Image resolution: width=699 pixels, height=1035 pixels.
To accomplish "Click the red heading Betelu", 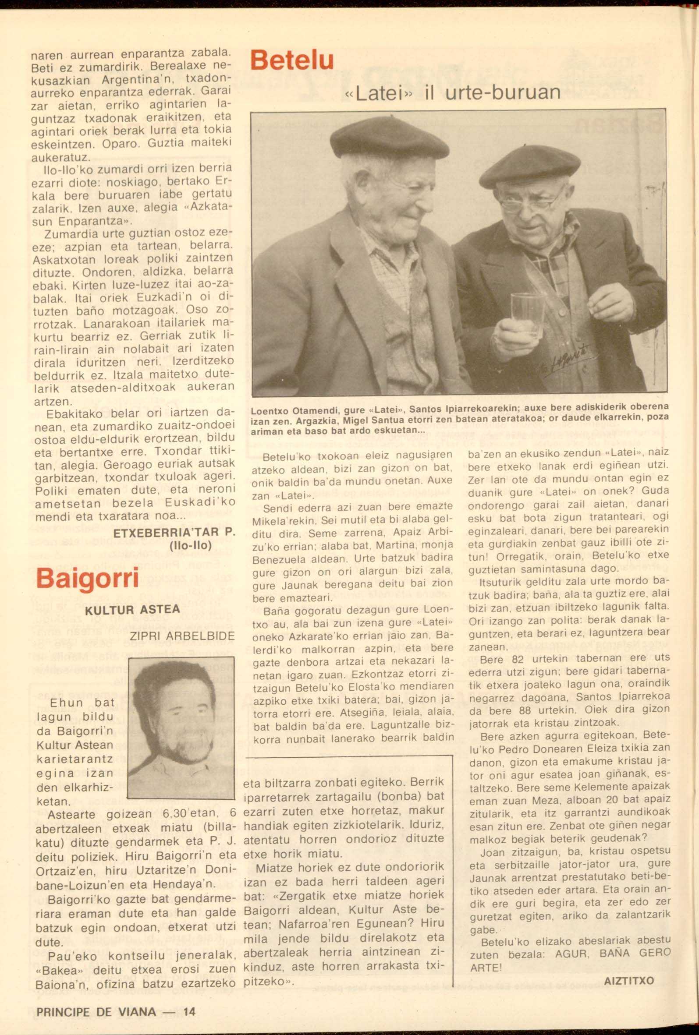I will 292,61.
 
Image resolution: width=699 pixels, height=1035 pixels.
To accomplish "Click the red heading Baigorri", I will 87,578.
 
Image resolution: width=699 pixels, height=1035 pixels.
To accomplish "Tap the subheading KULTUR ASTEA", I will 132,610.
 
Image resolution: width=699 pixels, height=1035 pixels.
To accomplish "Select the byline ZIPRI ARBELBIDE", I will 182,636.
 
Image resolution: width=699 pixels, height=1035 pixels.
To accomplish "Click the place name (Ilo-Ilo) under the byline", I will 191,545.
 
